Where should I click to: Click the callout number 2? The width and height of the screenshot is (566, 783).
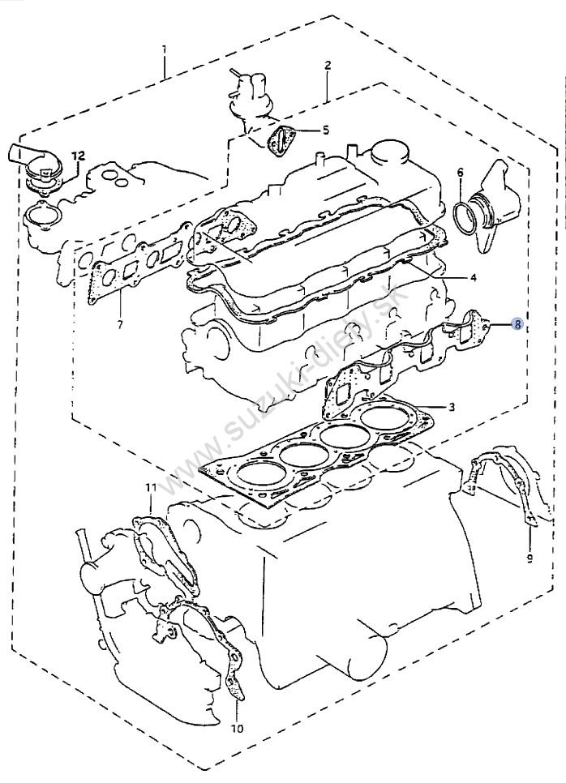click(328, 65)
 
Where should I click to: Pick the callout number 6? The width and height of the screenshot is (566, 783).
click(460, 173)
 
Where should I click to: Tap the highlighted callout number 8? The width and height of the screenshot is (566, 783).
click(517, 324)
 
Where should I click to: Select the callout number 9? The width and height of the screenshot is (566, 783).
click(528, 558)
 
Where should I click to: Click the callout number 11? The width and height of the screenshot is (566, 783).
click(150, 487)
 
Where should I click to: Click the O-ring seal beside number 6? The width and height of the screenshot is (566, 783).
click(468, 216)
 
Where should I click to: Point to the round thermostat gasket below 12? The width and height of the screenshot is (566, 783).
click(38, 217)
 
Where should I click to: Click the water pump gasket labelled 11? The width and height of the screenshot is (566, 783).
click(166, 551)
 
